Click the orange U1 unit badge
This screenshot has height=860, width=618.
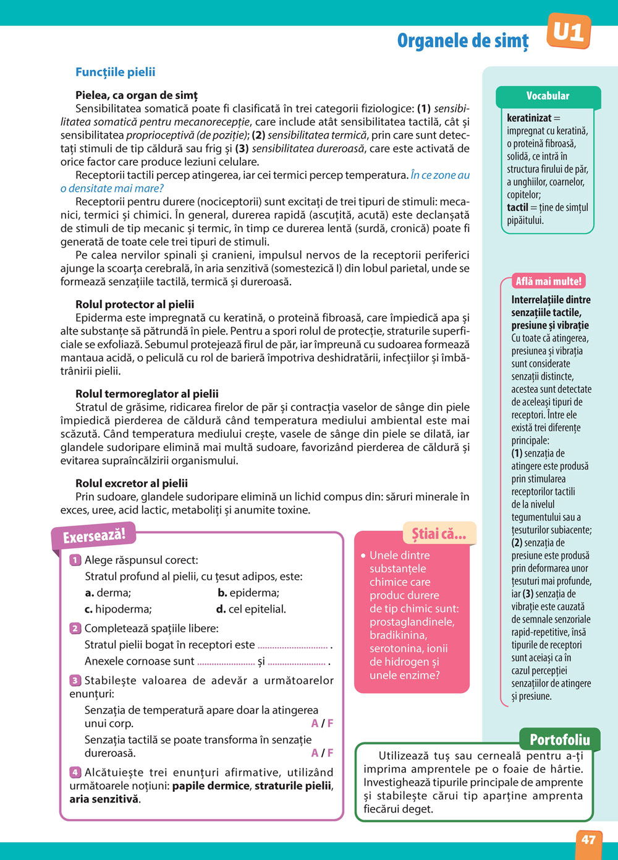coord(569,32)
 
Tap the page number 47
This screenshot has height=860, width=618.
coord(588,840)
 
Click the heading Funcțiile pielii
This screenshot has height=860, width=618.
coord(115,72)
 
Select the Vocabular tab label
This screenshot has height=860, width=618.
coord(548,96)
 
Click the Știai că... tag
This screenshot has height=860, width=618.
coord(439,534)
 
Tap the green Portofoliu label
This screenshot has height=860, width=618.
coord(559,739)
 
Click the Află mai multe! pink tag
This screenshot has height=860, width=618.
coord(548,282)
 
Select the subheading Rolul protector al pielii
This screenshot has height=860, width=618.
coord(135,304)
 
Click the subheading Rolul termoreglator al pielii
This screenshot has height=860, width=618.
coord(147,393)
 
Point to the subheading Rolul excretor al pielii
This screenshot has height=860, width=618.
coord(132,483)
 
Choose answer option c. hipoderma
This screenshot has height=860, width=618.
coord(118,609)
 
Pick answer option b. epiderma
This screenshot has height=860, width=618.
coord(248,593)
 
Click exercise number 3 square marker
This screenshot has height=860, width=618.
coord(75,681)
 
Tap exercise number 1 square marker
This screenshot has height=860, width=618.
coord(75,560)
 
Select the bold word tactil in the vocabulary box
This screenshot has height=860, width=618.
coord(517,207)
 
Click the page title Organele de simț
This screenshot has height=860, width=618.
coord(463,41)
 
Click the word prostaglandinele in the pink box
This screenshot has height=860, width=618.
coord(412,622)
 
